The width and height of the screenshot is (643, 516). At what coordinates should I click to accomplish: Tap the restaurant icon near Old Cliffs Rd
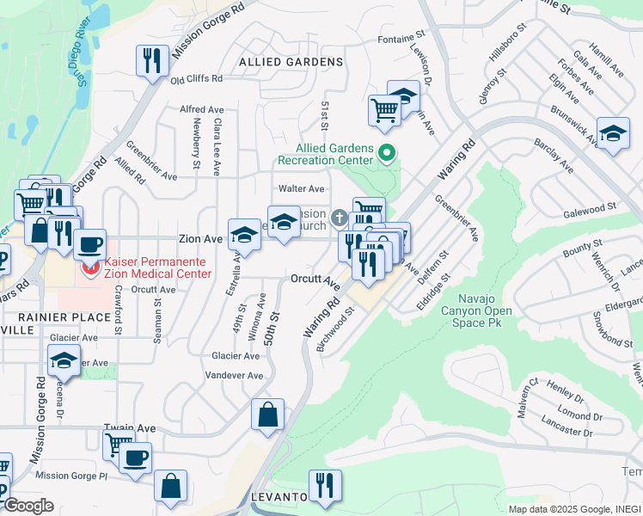point(151,61)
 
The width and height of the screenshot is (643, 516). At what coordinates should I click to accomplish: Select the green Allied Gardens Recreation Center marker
point(387,154)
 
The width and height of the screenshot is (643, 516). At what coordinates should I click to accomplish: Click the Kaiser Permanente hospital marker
point(89,269)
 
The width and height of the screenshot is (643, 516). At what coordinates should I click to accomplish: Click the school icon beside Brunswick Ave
point(613,133)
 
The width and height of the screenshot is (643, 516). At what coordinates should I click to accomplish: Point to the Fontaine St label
point(403,40)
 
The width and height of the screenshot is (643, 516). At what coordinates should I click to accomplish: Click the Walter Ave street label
point(301,188)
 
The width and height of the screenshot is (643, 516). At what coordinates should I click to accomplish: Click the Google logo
point(28,506)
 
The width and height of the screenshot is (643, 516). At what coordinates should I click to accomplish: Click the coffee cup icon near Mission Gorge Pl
point(136,457)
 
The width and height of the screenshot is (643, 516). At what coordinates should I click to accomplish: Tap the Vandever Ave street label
point(235,376)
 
